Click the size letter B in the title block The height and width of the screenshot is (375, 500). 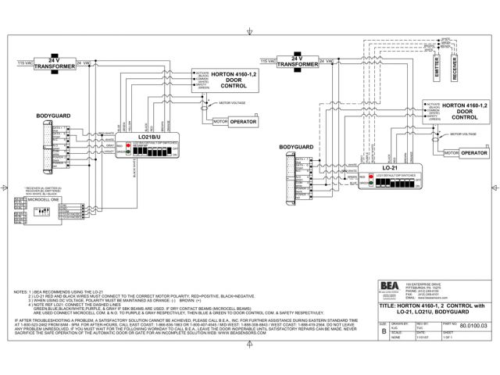tap(361, 330)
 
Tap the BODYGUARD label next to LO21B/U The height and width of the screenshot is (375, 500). tap(53, 116)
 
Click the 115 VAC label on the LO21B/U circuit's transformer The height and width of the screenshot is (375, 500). tap(25, 60)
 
